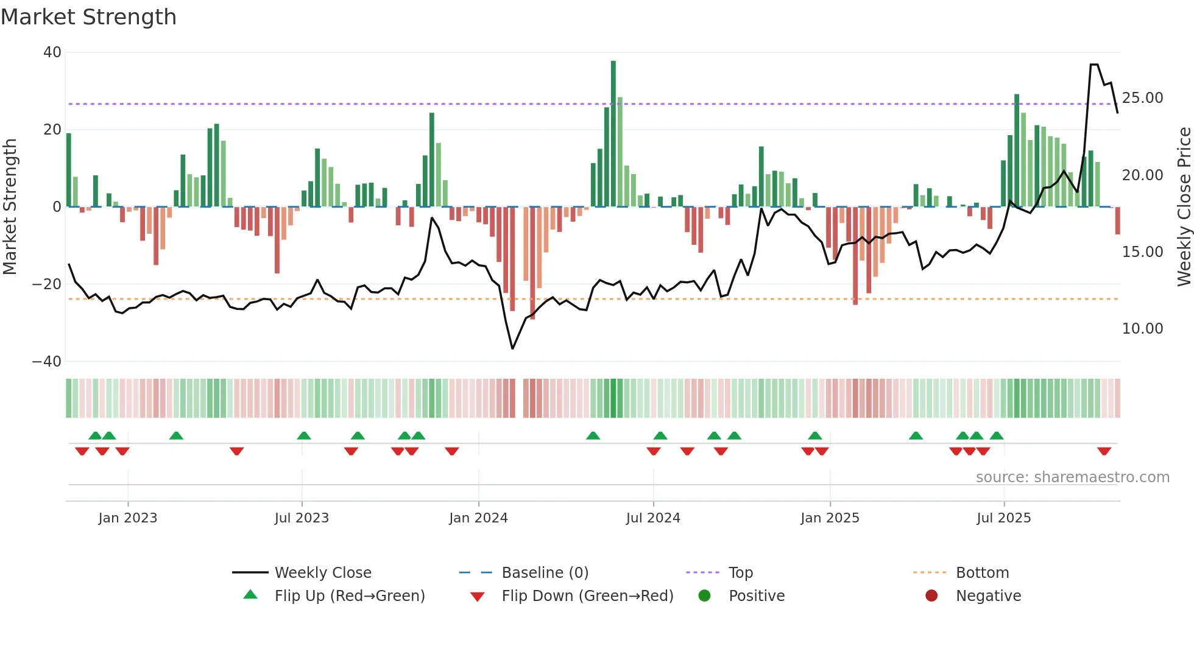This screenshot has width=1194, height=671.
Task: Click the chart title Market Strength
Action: [x=88, y=17]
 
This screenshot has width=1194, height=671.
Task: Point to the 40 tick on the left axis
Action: [x=52, y=52]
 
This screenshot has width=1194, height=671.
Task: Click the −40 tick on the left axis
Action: [x=47, y=362]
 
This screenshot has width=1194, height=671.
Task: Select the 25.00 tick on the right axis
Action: [x=1142, y=98]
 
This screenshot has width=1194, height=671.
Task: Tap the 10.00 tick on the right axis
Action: [x=1142, y=329]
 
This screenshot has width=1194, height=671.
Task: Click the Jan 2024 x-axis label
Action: [x=478, y=518]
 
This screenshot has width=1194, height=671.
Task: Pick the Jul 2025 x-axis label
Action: [x=1003, y=518]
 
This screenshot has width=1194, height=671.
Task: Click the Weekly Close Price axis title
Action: [x=1184, y=207]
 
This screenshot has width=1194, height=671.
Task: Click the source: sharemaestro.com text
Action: [x=1072, y=477]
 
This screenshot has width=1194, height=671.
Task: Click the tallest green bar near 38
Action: [x=613, y=134]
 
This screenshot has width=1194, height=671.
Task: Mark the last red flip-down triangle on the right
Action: [x=1104, y=451]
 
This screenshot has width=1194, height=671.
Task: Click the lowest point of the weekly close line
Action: [x=512, y=348]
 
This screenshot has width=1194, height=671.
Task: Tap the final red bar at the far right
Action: [x=1117, y=220]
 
